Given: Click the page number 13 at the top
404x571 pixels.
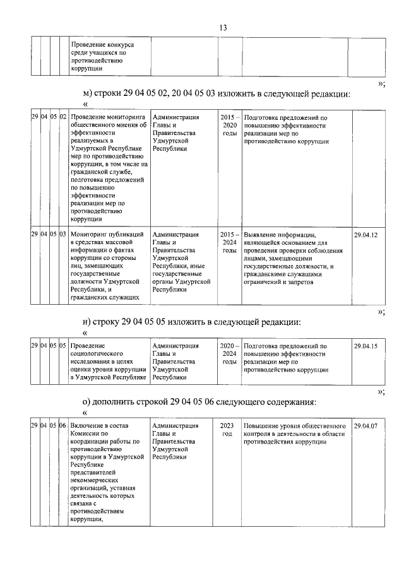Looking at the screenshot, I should pos(223,28).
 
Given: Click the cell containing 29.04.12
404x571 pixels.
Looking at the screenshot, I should pos(365,235).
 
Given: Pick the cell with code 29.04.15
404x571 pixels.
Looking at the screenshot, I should pos(365,346).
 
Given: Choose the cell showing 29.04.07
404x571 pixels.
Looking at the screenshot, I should pos(365,427).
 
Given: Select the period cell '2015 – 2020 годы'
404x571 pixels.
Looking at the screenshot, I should pos(230,126).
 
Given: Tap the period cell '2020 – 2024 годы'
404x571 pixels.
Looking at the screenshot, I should pos(230,354).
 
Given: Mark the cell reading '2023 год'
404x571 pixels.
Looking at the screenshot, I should pos(227,430).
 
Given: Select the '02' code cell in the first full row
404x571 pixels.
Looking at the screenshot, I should pos(63,118).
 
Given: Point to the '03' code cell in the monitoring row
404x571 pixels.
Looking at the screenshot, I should pos(63,235).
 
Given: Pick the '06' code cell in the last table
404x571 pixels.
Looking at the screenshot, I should pos(63,427).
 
